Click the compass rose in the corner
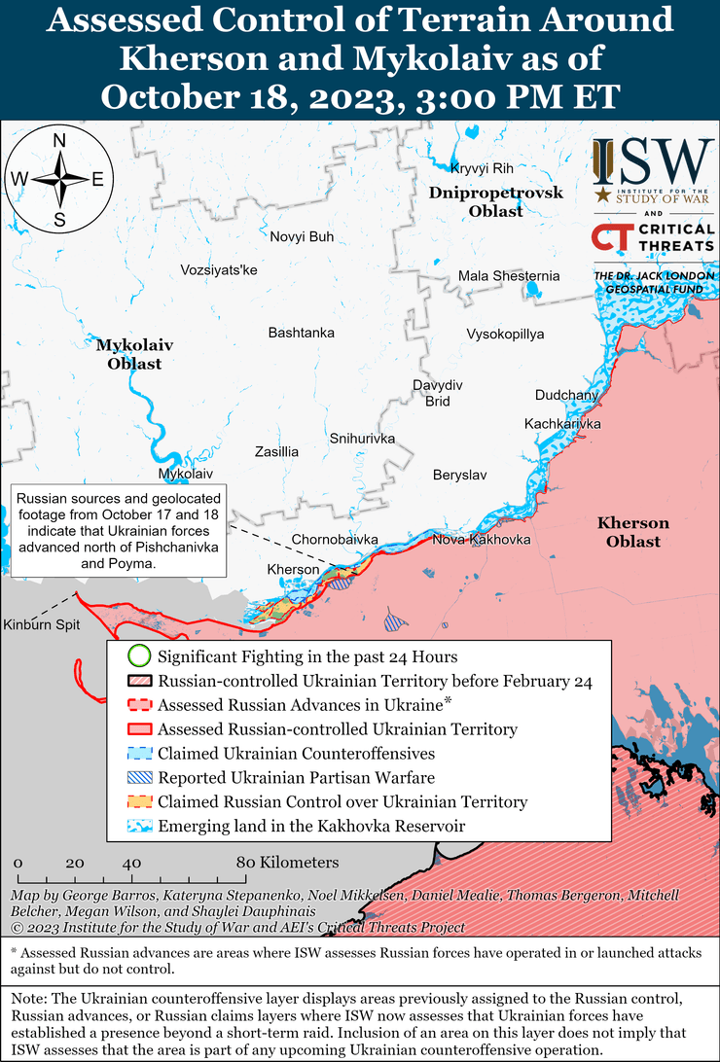click(59, 179)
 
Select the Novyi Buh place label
click(302, 236)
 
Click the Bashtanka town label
click(301, 333)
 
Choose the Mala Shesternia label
click(509, 276)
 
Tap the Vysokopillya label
click(505, 335)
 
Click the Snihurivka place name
click(362, 439)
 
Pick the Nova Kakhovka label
click(482, 539)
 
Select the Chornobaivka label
click(329, 539)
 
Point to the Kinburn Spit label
click(41, 624)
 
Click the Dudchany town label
click(566, 395)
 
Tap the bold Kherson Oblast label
click(633, 532)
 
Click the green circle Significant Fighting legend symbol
click(140, 657)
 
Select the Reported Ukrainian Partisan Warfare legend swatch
click(140, 778)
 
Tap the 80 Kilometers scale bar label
click(287, 863)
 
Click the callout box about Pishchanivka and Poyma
click(117, 529)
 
